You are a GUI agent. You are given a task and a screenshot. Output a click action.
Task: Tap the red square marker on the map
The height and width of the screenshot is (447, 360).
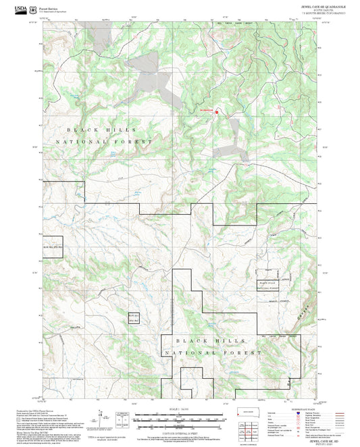click(216, 113)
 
